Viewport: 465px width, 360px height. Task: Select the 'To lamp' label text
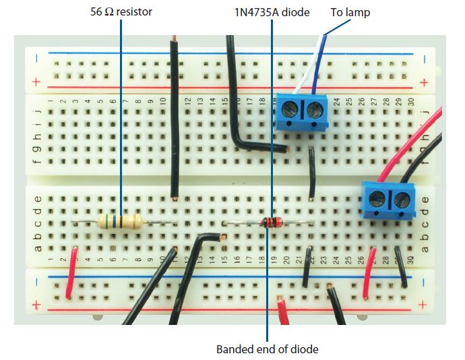350,12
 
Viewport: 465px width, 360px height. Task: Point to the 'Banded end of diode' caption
267,349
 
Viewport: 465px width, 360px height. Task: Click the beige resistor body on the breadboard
121,220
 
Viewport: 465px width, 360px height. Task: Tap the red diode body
271,224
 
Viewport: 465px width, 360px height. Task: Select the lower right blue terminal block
387,200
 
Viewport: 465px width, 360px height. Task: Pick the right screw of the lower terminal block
401,198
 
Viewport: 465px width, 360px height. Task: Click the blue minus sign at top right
425,59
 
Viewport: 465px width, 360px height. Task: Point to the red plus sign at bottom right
424,305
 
